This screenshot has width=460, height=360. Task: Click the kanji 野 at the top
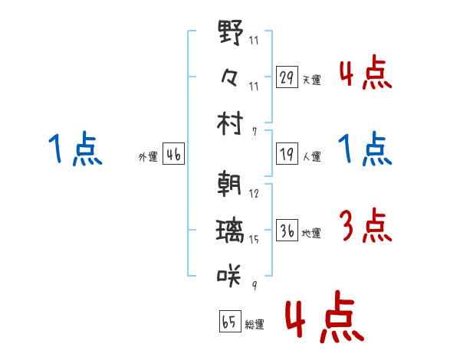click(231, 32)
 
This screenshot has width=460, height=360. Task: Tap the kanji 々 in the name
click(229, 77)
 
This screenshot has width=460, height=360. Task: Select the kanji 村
click(230, 123)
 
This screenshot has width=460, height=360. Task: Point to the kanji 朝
click(229, 183)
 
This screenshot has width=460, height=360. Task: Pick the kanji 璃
click(230, 231)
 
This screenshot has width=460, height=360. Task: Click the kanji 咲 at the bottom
click(228, 275)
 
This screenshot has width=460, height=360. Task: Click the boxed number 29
click(287, 77)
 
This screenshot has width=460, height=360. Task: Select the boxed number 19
click(287, 154)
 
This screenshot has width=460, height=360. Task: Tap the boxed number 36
click(287, 230)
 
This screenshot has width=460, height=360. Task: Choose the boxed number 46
click(173, 154)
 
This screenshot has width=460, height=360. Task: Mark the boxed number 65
click(230, 321)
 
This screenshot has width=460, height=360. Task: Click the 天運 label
click(311, 80)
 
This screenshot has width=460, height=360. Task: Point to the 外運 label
click(148, 156)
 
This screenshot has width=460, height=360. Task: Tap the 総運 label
click(255, 324)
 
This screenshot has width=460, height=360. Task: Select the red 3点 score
click(365, 225)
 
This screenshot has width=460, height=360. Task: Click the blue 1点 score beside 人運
click(365, 149)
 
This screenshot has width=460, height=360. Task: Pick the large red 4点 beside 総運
click(325, 316)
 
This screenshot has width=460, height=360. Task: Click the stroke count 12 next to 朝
click(254, 194)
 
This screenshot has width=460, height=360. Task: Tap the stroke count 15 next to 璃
click(254, 240)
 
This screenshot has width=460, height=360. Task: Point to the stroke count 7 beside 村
click(255, 132)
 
